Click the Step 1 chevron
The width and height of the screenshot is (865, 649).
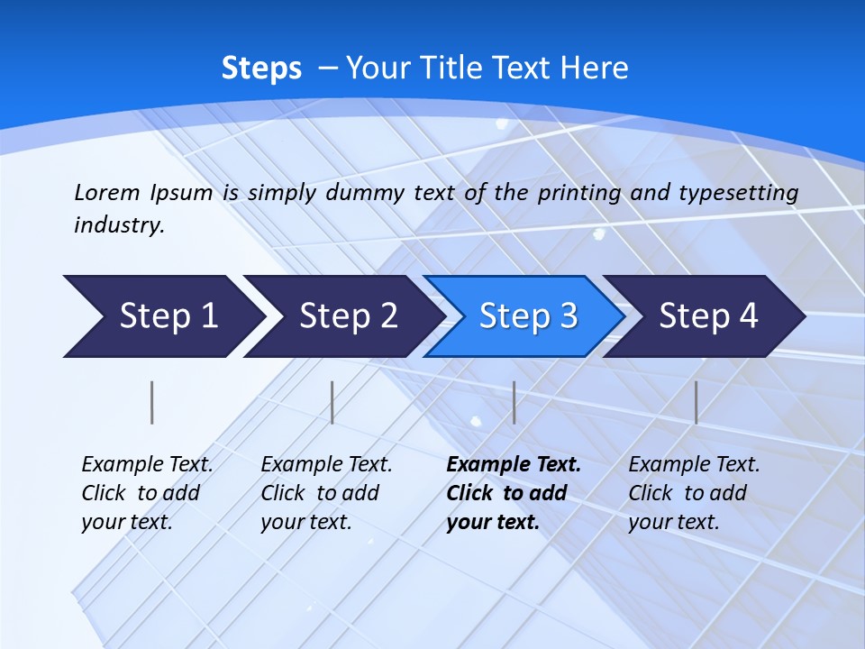coord(162,316)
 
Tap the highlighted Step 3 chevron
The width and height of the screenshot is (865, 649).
coord(525,316)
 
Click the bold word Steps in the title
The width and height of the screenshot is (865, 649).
coord(261,69)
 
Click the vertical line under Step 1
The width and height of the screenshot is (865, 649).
coord(152,402)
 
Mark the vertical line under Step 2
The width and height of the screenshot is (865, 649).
coord(332,402)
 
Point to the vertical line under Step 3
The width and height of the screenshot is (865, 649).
coord(514,402)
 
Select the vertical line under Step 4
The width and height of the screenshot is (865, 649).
coord(696,402)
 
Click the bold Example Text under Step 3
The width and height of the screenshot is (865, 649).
coord(514,465)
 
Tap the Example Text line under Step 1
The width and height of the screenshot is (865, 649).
coord(147,465)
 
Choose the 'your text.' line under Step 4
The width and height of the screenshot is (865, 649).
coord(673,522)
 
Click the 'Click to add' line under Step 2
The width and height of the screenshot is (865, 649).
coord(320,494)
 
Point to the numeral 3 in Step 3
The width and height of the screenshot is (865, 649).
coord(568,316)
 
